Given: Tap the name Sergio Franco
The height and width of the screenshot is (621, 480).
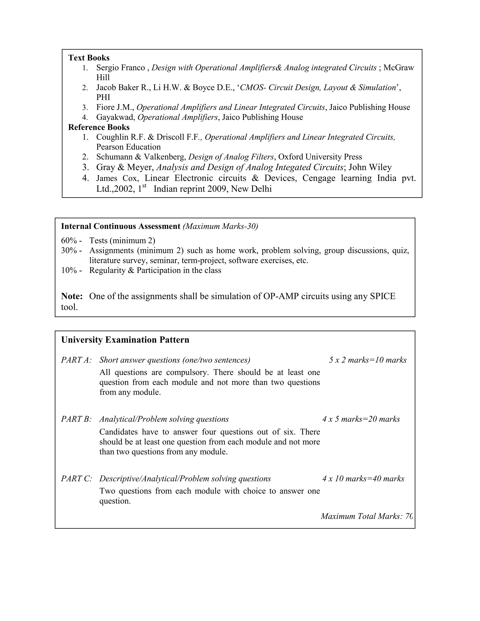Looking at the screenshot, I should tap(120, 68).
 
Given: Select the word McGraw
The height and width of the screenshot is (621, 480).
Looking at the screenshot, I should tap(398, 68).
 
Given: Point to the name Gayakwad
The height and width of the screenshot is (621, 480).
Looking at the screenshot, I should tap(115, 117).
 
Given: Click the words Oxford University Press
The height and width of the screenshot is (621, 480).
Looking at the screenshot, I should tap(320, 157).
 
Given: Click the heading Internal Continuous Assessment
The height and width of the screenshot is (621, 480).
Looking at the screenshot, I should tap(120, 226).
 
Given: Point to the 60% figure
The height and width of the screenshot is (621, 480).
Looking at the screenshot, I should tap(69, 241).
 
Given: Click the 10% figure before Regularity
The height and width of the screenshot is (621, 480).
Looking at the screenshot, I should tap(69, 270).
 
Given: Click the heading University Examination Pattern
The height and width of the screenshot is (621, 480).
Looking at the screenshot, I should tap(125, 340).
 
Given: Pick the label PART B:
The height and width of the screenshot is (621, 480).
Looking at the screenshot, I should tap(76, 419).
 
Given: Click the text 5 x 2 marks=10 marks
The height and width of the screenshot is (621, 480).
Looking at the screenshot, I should tap(368, 360).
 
